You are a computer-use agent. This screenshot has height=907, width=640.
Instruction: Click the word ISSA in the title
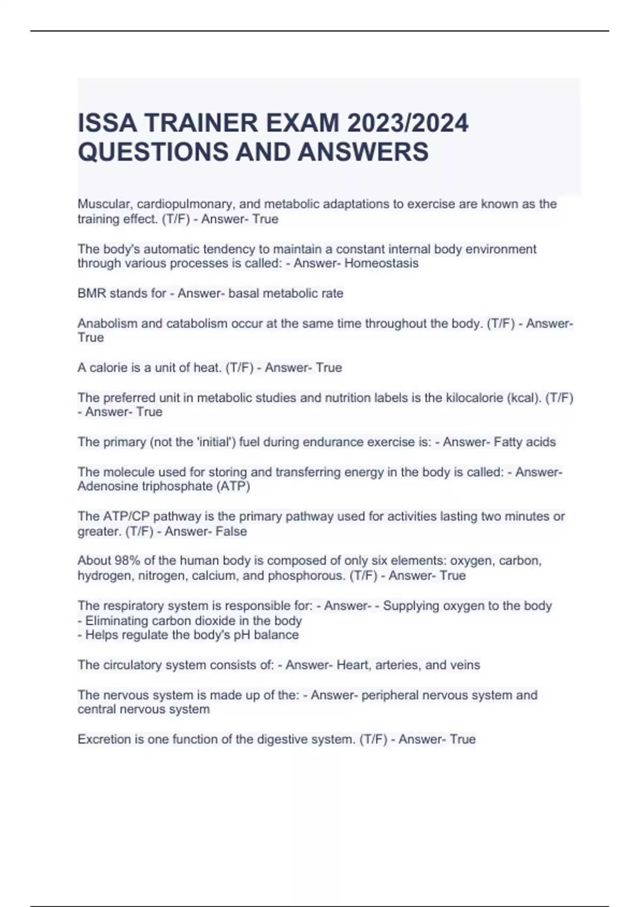click(x=107, y=124)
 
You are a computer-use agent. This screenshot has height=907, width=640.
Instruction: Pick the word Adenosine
click(x=106, y=487)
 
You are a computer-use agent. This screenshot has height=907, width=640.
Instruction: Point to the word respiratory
click(x=130, y=606)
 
